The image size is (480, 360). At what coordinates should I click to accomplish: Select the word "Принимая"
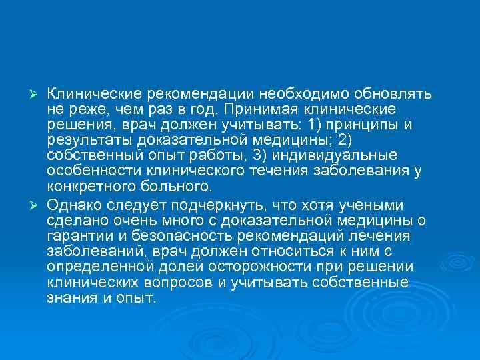(x=260, y=109)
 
